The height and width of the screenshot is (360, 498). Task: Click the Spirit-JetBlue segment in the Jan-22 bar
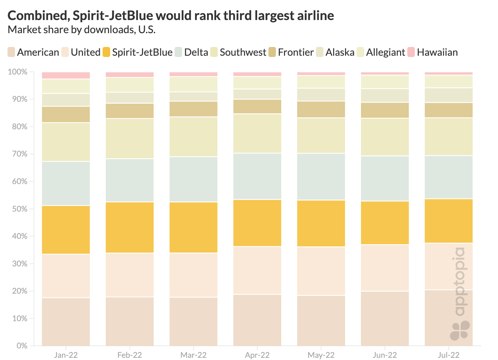66,230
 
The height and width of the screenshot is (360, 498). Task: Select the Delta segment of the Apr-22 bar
257,176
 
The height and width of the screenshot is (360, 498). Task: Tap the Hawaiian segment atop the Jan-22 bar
66,75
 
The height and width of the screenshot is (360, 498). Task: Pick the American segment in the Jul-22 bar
449,318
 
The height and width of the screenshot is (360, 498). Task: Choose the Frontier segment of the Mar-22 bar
193,109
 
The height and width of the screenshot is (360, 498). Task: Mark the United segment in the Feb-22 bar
130,275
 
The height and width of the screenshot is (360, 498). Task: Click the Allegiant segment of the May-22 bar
321,82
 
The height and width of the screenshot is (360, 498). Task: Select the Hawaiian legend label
437,52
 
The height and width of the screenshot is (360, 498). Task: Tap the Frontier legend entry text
296,52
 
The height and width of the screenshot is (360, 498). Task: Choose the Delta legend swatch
179,52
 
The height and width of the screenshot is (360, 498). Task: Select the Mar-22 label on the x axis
193,355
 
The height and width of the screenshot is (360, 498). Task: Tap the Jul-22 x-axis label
449,355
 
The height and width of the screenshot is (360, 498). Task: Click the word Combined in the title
38,16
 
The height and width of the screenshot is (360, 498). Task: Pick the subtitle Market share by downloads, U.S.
82,30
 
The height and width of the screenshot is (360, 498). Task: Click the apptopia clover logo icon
460,330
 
